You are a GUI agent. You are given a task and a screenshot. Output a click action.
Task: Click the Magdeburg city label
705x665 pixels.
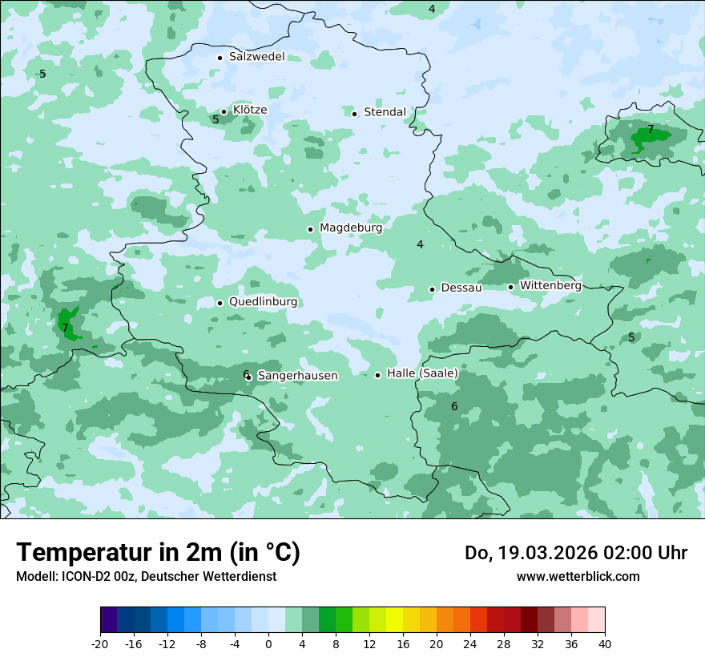tap(351, 228)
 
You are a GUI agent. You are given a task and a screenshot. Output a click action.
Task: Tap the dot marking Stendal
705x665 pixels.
tap(354, 113)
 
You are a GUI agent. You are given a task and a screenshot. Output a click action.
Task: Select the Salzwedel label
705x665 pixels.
tap(256, 57)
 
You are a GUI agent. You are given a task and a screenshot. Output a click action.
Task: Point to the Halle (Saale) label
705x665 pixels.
tap(422, 373)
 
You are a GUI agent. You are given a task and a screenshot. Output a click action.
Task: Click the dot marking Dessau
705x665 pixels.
tap(432, 289)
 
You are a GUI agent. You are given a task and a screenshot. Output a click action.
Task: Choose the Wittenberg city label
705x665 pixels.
tap(550, 285)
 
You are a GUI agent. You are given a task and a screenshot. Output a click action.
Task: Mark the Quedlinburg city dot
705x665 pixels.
tap(220, 303)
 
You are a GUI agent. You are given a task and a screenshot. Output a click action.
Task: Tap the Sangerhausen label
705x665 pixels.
tap(297, 376)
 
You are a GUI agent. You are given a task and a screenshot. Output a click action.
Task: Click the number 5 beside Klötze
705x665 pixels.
tap(216, 120)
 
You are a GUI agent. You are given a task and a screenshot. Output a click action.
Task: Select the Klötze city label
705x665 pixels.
tap(250, 110)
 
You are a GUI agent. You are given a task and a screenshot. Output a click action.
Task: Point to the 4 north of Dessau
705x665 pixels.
tap(420, 244)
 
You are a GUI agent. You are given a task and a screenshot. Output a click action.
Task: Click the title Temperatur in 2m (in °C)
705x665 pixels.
tap(158, 553)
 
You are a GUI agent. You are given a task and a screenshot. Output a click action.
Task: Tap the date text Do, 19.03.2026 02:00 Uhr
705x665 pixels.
tap(575, 553)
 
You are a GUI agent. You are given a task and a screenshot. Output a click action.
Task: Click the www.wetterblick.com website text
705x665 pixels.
tap(578, 577)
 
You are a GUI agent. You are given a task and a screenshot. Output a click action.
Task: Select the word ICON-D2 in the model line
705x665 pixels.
tap(84, 577)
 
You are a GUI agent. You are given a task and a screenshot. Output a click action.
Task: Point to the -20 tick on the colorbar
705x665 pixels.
tap(100, 643)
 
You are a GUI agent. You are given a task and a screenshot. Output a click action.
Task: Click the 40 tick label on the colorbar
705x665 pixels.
tap(605, 643)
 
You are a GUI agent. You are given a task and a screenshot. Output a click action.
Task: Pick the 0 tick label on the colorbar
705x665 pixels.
tap(268, 643)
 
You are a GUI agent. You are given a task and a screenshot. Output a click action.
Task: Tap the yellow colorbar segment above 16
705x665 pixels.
tap(394, 620)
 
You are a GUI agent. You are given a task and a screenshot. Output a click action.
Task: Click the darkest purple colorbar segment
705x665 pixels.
tap(109, 620)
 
